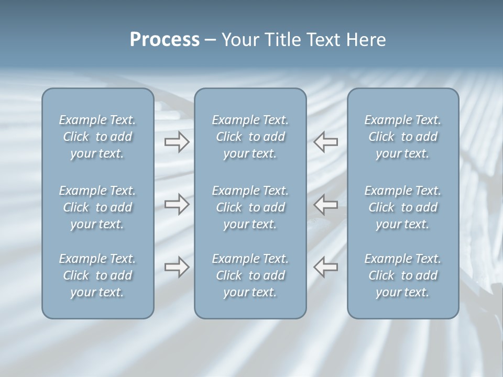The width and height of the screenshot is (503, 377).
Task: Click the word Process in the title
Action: coord(165,40)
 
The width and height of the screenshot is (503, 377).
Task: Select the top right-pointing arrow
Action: coord(177,142)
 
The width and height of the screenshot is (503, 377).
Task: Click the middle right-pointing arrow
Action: coord(177,204)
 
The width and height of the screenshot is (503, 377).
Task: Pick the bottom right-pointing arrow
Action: coord(177,267)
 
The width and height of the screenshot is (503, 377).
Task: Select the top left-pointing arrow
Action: coord(325,142)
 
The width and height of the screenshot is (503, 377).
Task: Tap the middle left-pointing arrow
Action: coord(325,204)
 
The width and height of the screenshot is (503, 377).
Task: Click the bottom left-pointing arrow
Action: coord(325,267)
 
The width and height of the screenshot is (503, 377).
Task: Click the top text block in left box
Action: coord(97,137)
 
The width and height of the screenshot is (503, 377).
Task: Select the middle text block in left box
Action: coord(97,207)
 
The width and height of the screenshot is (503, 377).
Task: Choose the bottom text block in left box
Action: coord(97,275)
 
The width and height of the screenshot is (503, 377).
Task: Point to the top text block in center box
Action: coord(250,137)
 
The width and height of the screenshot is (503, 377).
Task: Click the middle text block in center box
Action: coord(250,207)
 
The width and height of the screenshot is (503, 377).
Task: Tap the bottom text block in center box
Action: coord(250,275)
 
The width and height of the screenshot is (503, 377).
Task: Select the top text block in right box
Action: coord(402,137)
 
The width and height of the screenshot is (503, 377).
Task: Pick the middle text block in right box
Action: coord(402,207)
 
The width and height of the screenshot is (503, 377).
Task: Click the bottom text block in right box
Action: coord(402,275)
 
